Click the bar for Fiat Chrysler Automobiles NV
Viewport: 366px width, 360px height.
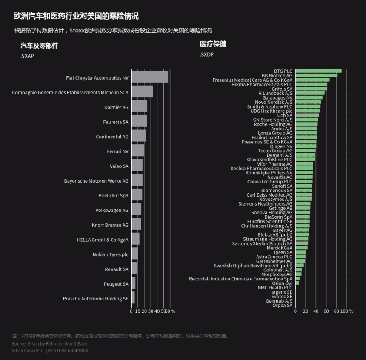tap(149, 77)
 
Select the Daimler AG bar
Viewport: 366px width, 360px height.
tap(139, 106)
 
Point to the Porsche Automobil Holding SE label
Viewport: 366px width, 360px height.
tap(95, 299)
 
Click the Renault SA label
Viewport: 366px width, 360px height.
tap(116, 269)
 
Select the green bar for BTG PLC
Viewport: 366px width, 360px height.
tap(318, 71)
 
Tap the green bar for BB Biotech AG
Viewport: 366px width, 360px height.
tap(316, 75)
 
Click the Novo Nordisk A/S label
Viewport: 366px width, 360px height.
tap(273, 102)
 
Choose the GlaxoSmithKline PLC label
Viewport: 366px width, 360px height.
tap(269, 160)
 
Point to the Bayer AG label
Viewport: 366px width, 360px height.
tap(283, 230)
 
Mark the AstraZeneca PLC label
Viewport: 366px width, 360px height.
tap(274, 257)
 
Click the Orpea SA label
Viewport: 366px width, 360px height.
tap(282, 305)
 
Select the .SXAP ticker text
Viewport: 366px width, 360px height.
tap(27, 56)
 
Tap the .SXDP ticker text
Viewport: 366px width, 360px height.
tap(206, 54)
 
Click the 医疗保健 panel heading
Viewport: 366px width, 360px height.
tap(213, 44)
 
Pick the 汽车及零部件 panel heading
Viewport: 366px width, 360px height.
tap(39, 46)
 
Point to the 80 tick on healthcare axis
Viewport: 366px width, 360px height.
tap(336, 311)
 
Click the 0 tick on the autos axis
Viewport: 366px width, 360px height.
tap(131, 311)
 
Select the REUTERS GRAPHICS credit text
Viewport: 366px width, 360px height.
tap(68, 351)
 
